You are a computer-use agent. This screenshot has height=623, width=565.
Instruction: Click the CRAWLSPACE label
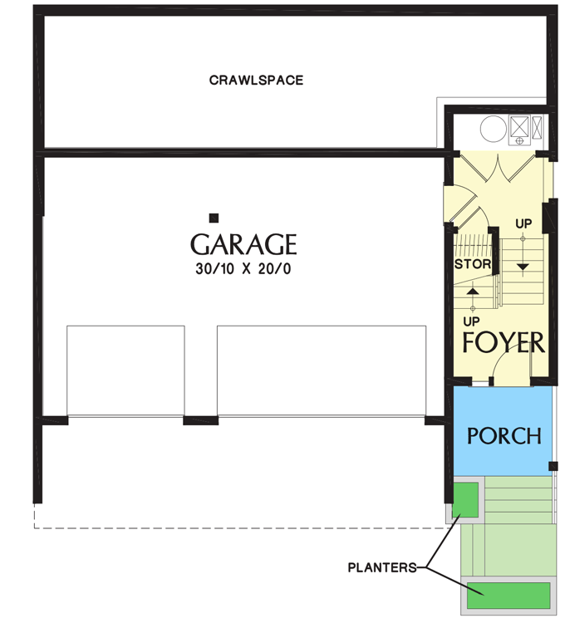(256, 81)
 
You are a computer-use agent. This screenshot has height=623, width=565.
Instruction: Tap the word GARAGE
(243, 244)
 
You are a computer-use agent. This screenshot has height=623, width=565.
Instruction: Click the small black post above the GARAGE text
(214, 218)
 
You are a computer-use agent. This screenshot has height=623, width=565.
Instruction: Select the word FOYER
(504, 342)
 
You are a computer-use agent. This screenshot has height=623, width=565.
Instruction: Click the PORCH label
(504, 435)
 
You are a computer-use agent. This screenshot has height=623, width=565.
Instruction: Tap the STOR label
(474, 265)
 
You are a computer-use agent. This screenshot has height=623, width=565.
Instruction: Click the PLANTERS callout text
(381, 568)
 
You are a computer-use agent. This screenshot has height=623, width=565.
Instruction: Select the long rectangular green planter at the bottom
(509, 595)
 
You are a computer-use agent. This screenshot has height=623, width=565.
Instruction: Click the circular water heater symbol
(491, 127)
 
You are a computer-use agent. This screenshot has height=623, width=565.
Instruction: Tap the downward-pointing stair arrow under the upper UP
(523, 266)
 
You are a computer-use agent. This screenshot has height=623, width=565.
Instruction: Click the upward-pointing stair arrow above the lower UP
(473, 292)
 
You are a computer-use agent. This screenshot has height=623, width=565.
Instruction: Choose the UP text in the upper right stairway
(523, 224)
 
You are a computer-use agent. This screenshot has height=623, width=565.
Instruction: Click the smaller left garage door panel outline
(125, 370)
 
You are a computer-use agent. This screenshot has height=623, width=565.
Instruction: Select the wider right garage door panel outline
(322, 370)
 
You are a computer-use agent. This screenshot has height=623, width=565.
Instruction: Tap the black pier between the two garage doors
(200, 420)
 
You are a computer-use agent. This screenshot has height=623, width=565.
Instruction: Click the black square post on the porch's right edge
(553, 466)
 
